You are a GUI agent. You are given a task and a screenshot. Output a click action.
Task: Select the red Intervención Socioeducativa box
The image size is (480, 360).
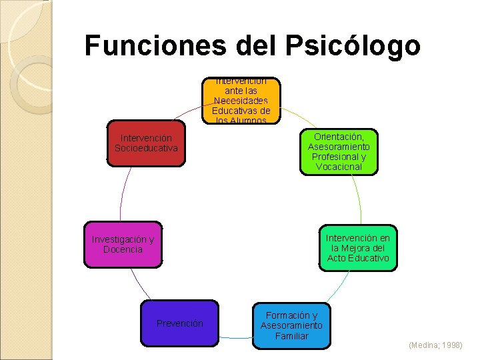(146, 143)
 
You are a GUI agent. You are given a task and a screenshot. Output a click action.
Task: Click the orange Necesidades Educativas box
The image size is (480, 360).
(241, 101)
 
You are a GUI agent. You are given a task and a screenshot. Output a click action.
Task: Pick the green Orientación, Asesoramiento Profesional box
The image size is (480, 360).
(338, 151)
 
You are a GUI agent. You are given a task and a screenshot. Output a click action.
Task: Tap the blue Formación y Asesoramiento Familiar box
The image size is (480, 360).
(291, 325)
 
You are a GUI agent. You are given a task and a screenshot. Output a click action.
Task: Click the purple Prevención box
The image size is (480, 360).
(179, 323)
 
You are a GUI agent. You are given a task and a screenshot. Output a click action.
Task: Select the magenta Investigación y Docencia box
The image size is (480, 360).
(123, 245)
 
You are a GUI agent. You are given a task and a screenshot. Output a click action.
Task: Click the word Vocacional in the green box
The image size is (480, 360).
(338, 167)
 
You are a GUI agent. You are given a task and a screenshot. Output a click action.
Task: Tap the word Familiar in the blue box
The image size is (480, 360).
(291, 335)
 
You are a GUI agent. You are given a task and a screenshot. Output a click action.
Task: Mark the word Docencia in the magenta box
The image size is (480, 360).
(123, 250)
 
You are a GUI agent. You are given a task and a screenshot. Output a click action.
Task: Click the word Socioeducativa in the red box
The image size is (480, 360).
(146, 148)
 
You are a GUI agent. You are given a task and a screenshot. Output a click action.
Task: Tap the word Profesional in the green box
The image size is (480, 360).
(338, 157)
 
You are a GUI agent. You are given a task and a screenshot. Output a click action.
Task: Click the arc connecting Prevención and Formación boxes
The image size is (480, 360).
(235, 337)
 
